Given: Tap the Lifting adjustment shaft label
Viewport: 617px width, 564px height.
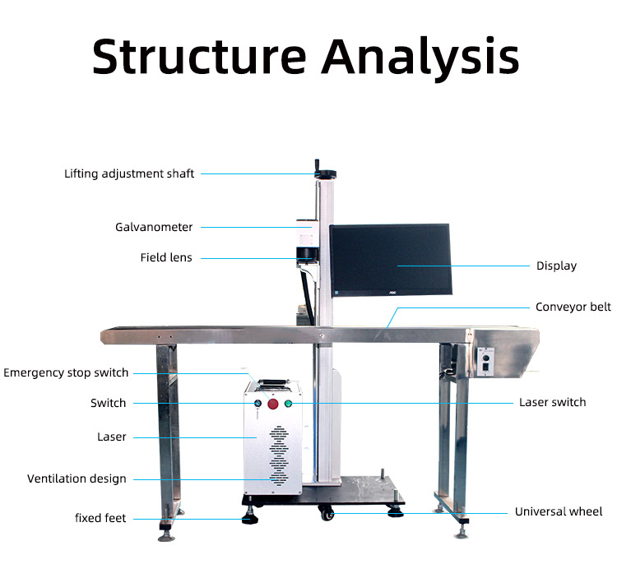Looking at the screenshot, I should (130, 173).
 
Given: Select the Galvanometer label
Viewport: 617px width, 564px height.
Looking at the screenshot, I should (154, 227).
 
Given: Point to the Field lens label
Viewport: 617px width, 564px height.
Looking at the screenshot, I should (166, 257).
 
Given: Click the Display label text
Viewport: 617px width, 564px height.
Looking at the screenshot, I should (556, 266).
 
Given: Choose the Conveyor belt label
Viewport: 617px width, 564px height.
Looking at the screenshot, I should (573, 307).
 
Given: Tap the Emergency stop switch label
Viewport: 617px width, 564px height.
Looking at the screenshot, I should (66, 372).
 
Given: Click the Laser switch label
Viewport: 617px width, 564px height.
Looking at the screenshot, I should (552, 402).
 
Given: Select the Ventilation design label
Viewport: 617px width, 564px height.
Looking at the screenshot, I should (77, 478).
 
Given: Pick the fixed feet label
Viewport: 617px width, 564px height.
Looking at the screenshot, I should (100, 518).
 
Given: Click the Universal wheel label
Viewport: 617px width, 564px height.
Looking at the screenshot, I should (559, 511).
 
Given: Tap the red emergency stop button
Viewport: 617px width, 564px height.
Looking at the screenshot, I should (272, 403).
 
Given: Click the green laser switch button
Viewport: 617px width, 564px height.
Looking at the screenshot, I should (288, 403).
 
